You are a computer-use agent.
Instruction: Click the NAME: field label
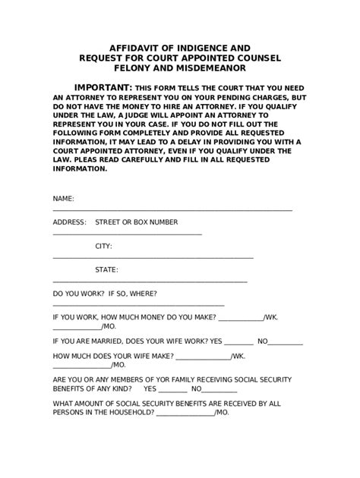click(63, 198)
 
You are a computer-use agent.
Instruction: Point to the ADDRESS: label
click(70, 222)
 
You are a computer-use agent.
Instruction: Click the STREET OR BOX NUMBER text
click(136, 222)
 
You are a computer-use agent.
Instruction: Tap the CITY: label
click(103, 246)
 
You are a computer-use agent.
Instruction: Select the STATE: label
click(106, 269)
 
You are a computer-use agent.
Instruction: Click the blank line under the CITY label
click(152, 256)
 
